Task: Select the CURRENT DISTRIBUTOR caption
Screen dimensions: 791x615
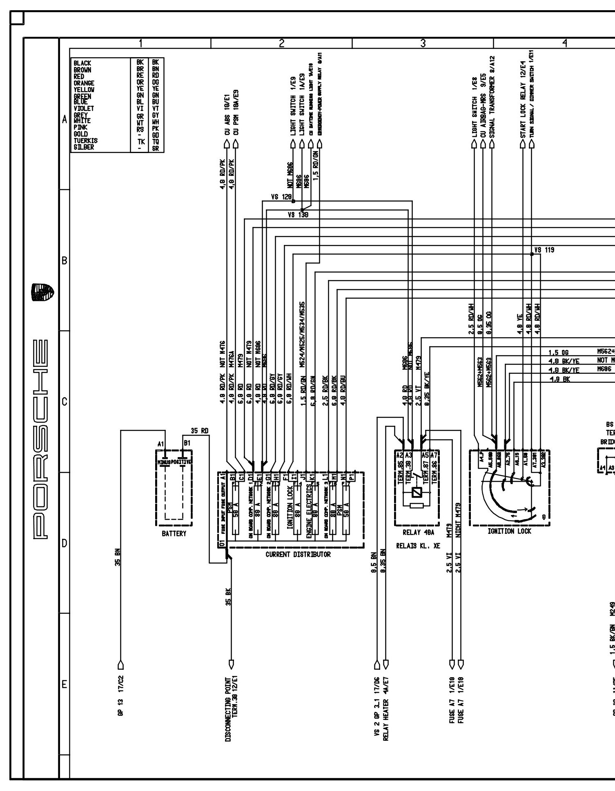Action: point(298,554)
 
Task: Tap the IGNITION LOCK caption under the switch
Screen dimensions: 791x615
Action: point(510,531)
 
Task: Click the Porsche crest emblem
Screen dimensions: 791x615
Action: point(43,292)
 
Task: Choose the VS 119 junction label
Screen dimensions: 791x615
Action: point(545,250)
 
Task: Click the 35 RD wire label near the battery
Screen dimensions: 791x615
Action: point(200,431)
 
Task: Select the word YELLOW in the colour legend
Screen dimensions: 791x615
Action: point(84,89)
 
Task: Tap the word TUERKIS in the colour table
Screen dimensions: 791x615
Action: point(85,141)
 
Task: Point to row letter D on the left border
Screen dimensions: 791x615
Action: point(64,543)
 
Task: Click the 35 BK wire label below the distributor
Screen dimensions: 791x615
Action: point(229,596)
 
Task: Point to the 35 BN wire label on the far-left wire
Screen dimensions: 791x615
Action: point(118,557)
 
